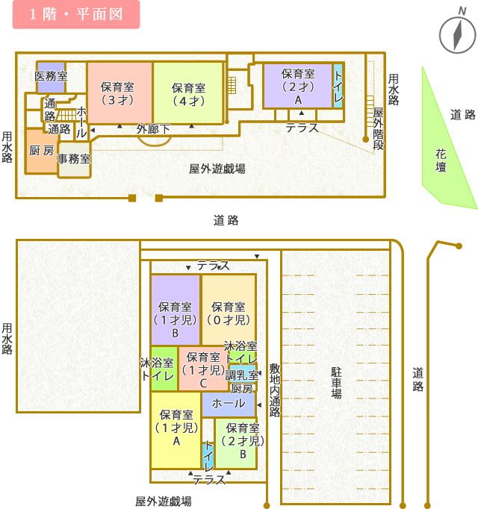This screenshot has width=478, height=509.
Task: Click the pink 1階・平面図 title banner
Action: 75,15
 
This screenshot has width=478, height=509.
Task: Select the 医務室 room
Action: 51,76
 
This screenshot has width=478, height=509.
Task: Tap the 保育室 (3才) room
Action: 119,93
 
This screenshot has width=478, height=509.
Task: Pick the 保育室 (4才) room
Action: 187,93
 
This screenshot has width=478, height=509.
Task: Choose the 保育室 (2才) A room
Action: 297,86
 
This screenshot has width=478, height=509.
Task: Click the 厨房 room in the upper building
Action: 41,151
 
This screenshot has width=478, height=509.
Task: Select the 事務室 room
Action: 74,159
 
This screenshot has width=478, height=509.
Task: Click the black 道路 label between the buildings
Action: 225,220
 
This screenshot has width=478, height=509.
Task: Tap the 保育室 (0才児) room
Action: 229,313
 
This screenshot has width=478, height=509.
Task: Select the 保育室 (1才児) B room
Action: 176,319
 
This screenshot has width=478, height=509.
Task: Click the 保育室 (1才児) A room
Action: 176,428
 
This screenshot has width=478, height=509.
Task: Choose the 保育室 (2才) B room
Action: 242,440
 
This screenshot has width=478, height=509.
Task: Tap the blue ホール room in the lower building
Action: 228,404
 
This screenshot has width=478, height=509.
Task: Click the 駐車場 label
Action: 336,381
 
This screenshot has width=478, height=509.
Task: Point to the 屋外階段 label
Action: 378,127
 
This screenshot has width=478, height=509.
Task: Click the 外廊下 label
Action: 153,129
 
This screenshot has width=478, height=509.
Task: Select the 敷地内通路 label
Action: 274,387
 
